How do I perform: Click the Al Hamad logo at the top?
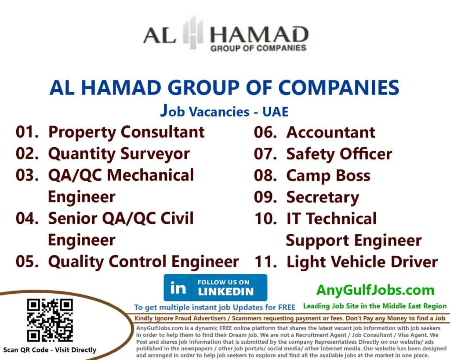(x=225, y=35)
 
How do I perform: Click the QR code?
(x=49, y=320)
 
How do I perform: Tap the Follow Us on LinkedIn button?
(x=215, y=287)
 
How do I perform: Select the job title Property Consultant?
(x=126, y=132)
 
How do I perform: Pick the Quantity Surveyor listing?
(x=119, y=153)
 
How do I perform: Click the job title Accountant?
(x=330, y=132)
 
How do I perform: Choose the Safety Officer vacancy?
(x=339, y=153)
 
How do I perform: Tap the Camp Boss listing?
(x=328, y=175)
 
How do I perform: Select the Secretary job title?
(x=323, y=197)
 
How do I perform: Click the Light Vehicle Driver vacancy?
(x=362, y=262)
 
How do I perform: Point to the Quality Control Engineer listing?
(x=143, y=262)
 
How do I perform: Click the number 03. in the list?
(x=27, y=175)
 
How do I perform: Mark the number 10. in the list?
(x=265, y=218)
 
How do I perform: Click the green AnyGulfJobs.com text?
(x=375, y=290)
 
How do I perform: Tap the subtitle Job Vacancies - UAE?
(x=224, y=111)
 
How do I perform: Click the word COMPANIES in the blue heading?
(x=339, y=87)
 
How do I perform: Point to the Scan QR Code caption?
(x=49, y=350)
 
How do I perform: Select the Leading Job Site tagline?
(x=374, y=306)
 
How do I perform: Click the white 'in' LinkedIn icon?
(x=178, y=288)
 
